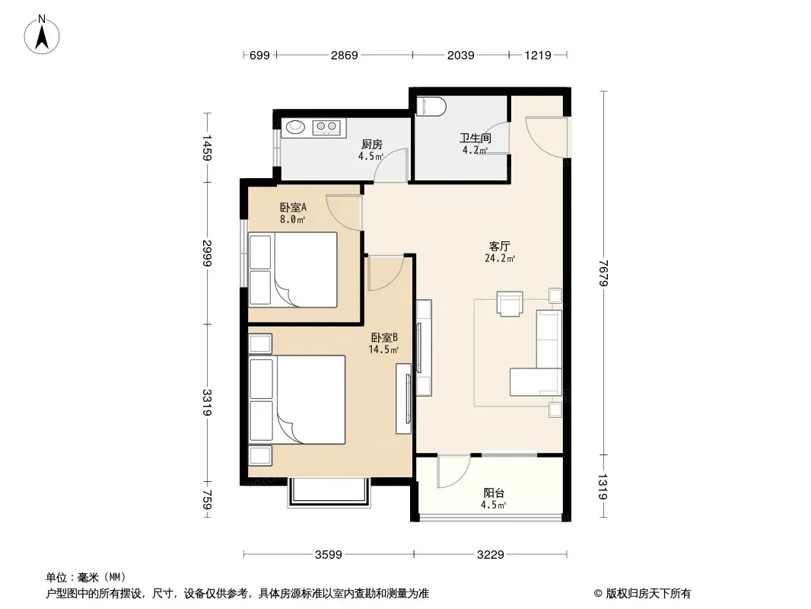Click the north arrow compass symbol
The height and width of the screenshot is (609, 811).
42,35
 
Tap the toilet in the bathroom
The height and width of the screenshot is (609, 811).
431,106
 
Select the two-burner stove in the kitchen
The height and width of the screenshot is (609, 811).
328,127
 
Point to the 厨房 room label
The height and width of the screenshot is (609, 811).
371,145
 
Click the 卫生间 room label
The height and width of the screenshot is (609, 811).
475,138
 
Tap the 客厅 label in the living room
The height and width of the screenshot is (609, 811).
500,246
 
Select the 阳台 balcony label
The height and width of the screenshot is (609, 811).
494,493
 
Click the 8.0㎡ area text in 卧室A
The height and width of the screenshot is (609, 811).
292,219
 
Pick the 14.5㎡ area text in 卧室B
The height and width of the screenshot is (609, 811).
383,349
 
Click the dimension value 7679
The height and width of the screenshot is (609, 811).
603,273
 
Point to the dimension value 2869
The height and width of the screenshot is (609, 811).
345,55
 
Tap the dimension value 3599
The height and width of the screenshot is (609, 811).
329,555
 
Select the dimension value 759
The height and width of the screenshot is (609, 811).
206,500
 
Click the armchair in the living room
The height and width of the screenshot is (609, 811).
510,303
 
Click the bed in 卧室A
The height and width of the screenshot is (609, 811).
293,269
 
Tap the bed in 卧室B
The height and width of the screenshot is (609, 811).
297,399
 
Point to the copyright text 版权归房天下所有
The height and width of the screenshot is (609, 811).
648,594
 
